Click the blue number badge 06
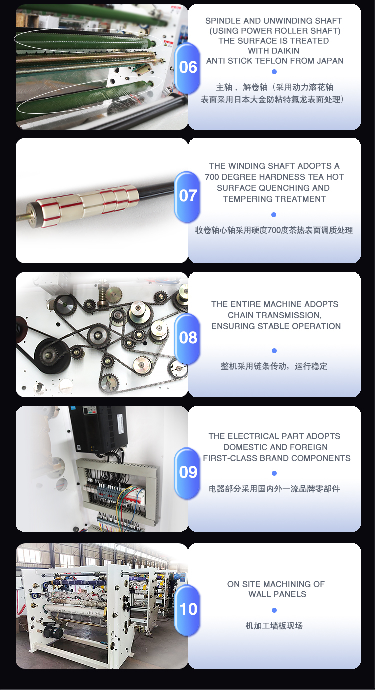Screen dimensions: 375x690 tap(187, 68)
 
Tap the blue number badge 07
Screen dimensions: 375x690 tap(187, 196)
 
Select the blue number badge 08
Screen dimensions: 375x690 tap(187, 338)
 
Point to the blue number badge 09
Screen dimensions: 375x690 tap(187, 473)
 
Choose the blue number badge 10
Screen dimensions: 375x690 tap(187, 610)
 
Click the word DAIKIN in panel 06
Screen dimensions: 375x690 tap(273, 51)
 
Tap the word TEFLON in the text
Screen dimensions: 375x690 tap(273, 61)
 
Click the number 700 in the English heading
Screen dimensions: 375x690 tap(212, 177)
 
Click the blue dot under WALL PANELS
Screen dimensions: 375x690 tap(274, 610)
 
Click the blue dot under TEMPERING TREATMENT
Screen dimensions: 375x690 tap(274, 215)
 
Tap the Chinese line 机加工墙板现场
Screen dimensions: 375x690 tap(274, 626)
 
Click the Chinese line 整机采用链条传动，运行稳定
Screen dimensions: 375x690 tap(274, 366)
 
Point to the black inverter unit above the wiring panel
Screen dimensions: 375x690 tap(98, 429)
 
